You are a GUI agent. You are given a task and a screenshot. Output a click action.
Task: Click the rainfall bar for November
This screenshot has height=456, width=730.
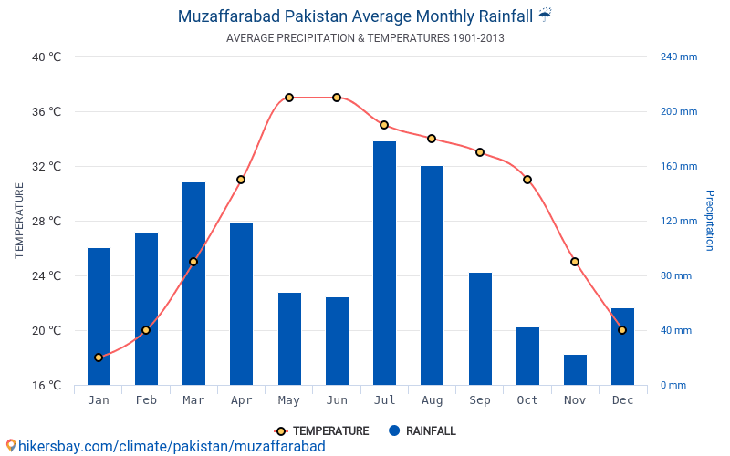coord(575,369)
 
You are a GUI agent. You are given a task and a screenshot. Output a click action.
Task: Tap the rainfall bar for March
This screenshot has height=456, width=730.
coord(193,284)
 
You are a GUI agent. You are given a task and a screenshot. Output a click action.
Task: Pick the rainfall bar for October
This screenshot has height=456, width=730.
coord(527,356)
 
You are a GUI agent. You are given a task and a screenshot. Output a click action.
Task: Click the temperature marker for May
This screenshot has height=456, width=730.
coord(289,98)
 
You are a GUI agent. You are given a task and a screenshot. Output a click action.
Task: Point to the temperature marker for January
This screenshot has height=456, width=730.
coord(99,358)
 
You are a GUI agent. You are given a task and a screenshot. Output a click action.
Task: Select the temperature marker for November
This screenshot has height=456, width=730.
coord(575,262)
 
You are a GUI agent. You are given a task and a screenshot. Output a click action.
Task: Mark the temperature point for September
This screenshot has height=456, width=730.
coord(480,152)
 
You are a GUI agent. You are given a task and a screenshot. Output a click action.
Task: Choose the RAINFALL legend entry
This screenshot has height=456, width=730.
coord(422,431)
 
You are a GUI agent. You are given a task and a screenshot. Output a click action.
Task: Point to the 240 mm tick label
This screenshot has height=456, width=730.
coord(678,57)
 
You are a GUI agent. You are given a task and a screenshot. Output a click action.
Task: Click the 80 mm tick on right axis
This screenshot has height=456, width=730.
coord(676,275)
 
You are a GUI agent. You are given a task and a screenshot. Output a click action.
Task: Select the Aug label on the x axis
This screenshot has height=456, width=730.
coord(432,400)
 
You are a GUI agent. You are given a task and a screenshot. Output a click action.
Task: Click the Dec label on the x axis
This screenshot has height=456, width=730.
coord(622,400)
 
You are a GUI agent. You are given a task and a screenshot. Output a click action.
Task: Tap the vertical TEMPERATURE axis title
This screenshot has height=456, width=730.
coord(19,220)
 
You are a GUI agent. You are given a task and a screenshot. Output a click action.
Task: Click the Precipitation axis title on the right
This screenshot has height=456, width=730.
coord(709,220)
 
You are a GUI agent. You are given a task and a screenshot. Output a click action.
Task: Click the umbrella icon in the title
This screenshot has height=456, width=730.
coord(545,15)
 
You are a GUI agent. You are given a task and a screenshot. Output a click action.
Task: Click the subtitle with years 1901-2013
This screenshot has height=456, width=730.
coord(365,38)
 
